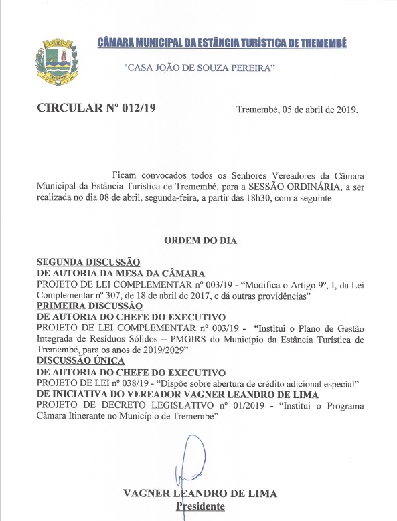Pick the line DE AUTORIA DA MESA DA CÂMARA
coord(129,274)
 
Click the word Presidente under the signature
coord(200,507)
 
